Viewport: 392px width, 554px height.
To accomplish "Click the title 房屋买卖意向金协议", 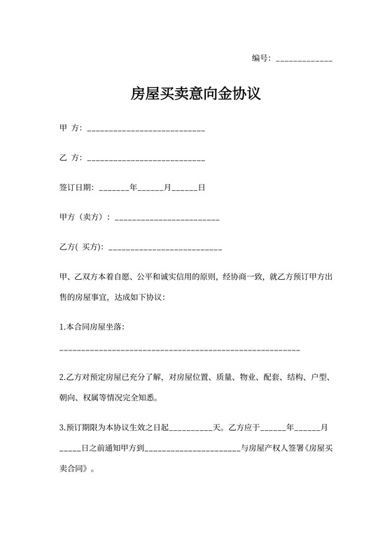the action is (x=196, y=94).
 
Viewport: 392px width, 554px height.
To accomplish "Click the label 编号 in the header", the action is (x=260, y=58).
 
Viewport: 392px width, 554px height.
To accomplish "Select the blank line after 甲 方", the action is (x=145, y=130).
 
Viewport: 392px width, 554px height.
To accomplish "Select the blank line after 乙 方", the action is (x=145, y=159).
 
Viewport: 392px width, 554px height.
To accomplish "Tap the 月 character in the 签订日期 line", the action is (x=167, y=188).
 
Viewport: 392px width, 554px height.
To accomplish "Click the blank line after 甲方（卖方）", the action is (x=167, y=219).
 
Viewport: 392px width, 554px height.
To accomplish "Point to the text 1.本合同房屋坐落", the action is (x=92, y=327).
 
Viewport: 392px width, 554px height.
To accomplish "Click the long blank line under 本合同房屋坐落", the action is (x=180, y=348).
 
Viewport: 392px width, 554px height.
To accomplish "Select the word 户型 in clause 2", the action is (x=319, y=378).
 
